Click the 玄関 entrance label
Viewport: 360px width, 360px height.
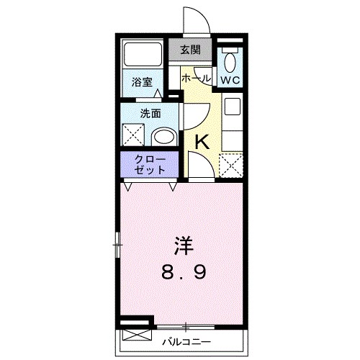coord(191,51)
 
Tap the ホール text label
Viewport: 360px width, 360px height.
coord(196,77)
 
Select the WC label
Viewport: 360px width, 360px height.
coord(230,78)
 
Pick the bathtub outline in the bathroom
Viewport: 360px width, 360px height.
coord(143,55)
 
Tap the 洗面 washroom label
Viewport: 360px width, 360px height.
coord(149,112)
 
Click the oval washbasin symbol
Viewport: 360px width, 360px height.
coord(165,137)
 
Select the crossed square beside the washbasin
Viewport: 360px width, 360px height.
coord(135,135)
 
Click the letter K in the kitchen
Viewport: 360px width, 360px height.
coord(202,142)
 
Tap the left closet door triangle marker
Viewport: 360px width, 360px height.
coord(128,186)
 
